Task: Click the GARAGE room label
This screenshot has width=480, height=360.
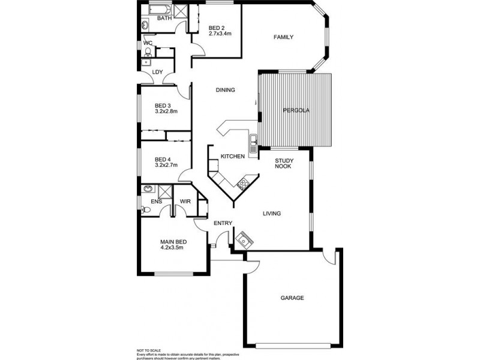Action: pos(292,298)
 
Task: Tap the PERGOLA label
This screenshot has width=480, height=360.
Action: pos(296,110)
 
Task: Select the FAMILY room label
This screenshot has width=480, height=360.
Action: pos(283,37)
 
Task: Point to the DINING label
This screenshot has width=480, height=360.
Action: pos(225,90)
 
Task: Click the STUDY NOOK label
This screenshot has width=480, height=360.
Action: pos(283,163)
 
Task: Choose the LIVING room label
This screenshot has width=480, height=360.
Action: pos(272,213)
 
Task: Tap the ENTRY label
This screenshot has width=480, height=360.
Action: pos(223,224)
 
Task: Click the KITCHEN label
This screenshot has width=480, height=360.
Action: pos(232,157)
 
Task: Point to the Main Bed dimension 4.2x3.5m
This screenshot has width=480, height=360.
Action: pos(172,247)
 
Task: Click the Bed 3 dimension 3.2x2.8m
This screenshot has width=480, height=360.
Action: pos(166,111)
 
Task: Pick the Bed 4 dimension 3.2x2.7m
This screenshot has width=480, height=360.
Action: pos(166,164)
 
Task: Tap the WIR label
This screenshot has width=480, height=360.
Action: pos(185,202)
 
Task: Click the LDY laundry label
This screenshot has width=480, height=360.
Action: pos(158,73)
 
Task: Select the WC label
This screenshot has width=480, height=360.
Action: pos(148,43)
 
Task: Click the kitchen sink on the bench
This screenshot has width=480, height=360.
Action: pos(254,142)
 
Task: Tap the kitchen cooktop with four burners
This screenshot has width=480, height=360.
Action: pos(243,184)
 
